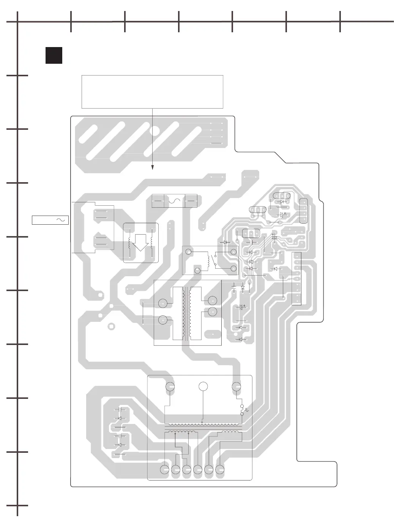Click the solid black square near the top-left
click(54, 55)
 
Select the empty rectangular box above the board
click(152, 91)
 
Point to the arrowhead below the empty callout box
click(153, 168)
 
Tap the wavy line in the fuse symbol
click(174, 200)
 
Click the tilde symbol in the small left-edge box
click(60, 220)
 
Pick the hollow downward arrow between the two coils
click(141, 242)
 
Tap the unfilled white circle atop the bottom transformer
click(203, 386)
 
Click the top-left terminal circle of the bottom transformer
click(170, 386)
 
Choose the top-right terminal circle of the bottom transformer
click(236, 386)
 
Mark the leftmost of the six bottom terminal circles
click(164, 469)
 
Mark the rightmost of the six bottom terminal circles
click(220, 469)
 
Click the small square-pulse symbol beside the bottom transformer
click(247, 410)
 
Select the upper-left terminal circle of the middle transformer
click(163, 303)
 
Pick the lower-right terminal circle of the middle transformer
click(213, 312)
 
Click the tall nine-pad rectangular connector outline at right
click(296, 279)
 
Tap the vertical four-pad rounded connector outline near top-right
click(303, 211)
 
